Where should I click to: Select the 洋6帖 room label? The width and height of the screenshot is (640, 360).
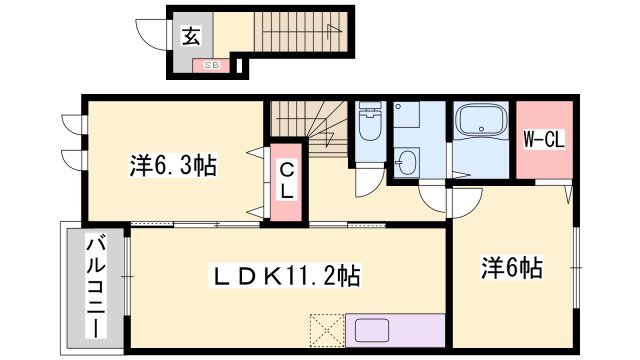512,267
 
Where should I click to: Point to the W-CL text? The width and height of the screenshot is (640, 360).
544,141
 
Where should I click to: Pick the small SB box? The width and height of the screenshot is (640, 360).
212,65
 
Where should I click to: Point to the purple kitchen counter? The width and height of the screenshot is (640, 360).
395,331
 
